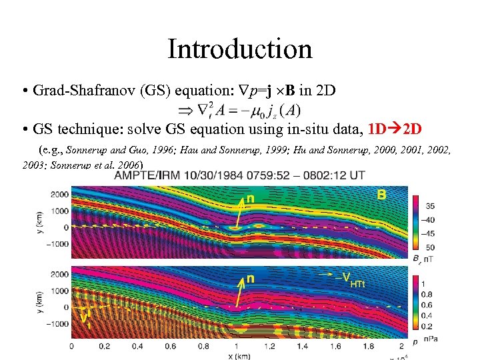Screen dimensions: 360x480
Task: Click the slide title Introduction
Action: coord(239,49)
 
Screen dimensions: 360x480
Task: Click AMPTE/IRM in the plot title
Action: coord(145,175)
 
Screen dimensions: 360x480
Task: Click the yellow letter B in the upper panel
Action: coord(381,195)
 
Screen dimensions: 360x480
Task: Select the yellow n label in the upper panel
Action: coord(250,198)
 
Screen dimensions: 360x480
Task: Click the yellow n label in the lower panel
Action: coord(250,279)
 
